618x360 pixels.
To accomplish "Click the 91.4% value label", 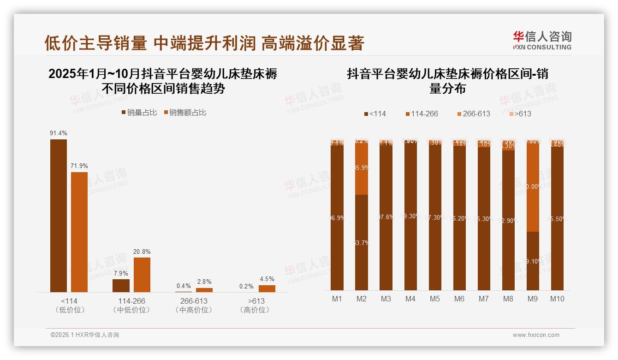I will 59,133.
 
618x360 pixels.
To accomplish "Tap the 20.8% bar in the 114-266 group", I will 142,275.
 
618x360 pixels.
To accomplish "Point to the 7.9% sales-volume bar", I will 121,286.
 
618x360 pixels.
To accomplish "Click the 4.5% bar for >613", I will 267,288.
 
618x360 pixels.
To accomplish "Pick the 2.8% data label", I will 204,282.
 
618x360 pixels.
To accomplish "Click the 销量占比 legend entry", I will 139,113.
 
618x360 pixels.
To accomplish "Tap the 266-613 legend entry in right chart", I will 473,114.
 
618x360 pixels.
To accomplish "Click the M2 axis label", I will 362,299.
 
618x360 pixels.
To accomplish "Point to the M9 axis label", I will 532,299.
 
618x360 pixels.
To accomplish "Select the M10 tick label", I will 557,299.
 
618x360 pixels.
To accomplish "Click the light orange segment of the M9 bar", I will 533,187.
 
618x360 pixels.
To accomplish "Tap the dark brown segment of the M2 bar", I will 362,242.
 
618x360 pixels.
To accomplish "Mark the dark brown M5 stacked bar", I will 435,217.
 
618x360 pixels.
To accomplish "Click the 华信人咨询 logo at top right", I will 542,40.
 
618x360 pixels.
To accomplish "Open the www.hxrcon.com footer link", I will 536,335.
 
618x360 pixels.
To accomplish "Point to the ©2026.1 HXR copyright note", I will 84,335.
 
